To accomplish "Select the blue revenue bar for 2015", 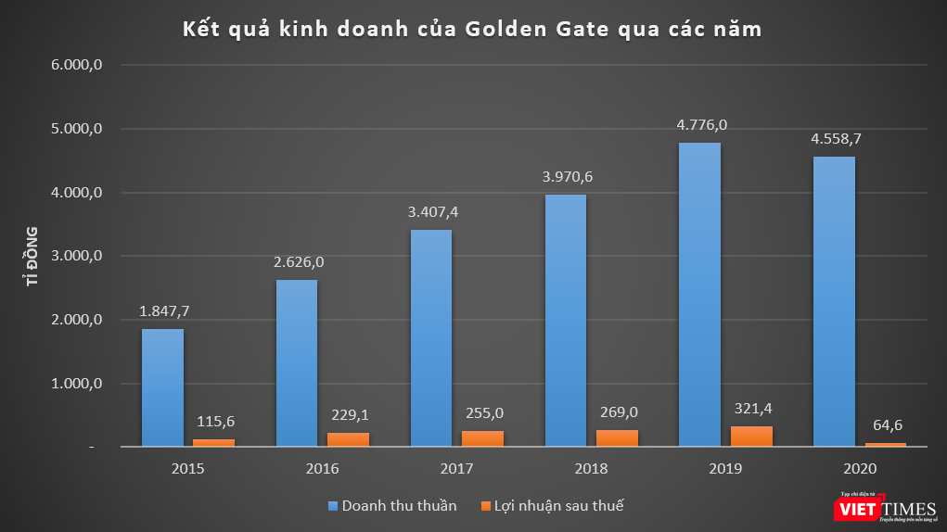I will [162, 387].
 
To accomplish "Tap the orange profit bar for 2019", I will [751, 436].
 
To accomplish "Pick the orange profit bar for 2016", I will [348, 439].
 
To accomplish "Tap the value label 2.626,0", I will [298, 262].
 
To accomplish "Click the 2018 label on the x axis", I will [592, 469].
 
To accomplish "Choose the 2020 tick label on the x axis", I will [860, 469].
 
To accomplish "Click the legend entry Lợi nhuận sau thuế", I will [551, 505].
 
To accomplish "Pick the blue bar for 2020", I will [834, 301].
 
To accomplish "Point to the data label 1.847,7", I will [163, 311].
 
